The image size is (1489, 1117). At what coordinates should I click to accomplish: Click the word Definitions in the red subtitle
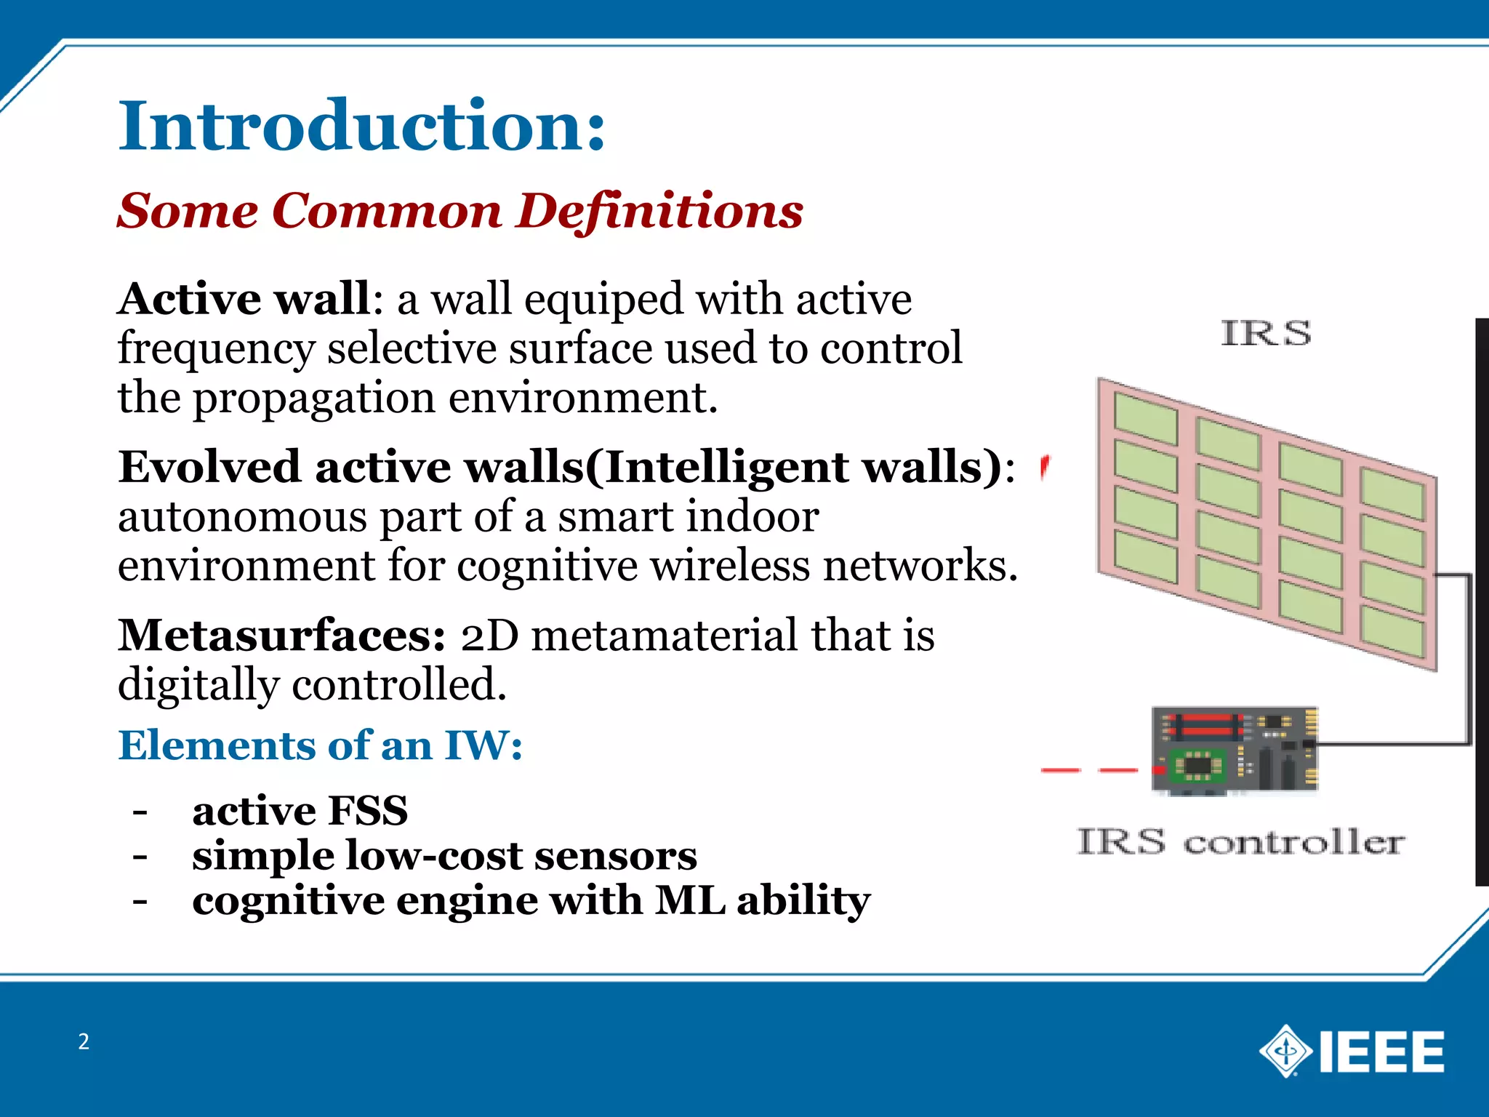(659, 212)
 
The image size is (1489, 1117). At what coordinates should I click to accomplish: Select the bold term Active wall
(245, 299)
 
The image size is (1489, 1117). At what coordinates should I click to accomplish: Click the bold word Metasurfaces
(281, 636)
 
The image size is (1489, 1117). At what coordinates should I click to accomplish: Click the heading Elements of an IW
(320, 745)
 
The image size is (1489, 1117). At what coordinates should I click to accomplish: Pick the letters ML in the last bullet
(690, 900)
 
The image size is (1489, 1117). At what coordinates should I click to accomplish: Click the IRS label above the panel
(1266, 334)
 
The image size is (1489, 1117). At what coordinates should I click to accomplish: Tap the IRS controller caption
(1240, 842)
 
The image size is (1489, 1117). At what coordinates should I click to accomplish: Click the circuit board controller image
(1235, 749)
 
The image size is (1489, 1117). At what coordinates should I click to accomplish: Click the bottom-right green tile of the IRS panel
(1392, 631)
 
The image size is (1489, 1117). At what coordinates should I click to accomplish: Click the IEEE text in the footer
(1381, 1052)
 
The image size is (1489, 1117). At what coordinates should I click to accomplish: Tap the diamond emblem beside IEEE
(1285, 1051)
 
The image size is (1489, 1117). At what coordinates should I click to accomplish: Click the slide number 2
(84, 1041)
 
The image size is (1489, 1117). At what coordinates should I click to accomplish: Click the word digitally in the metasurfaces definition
(198, 685)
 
